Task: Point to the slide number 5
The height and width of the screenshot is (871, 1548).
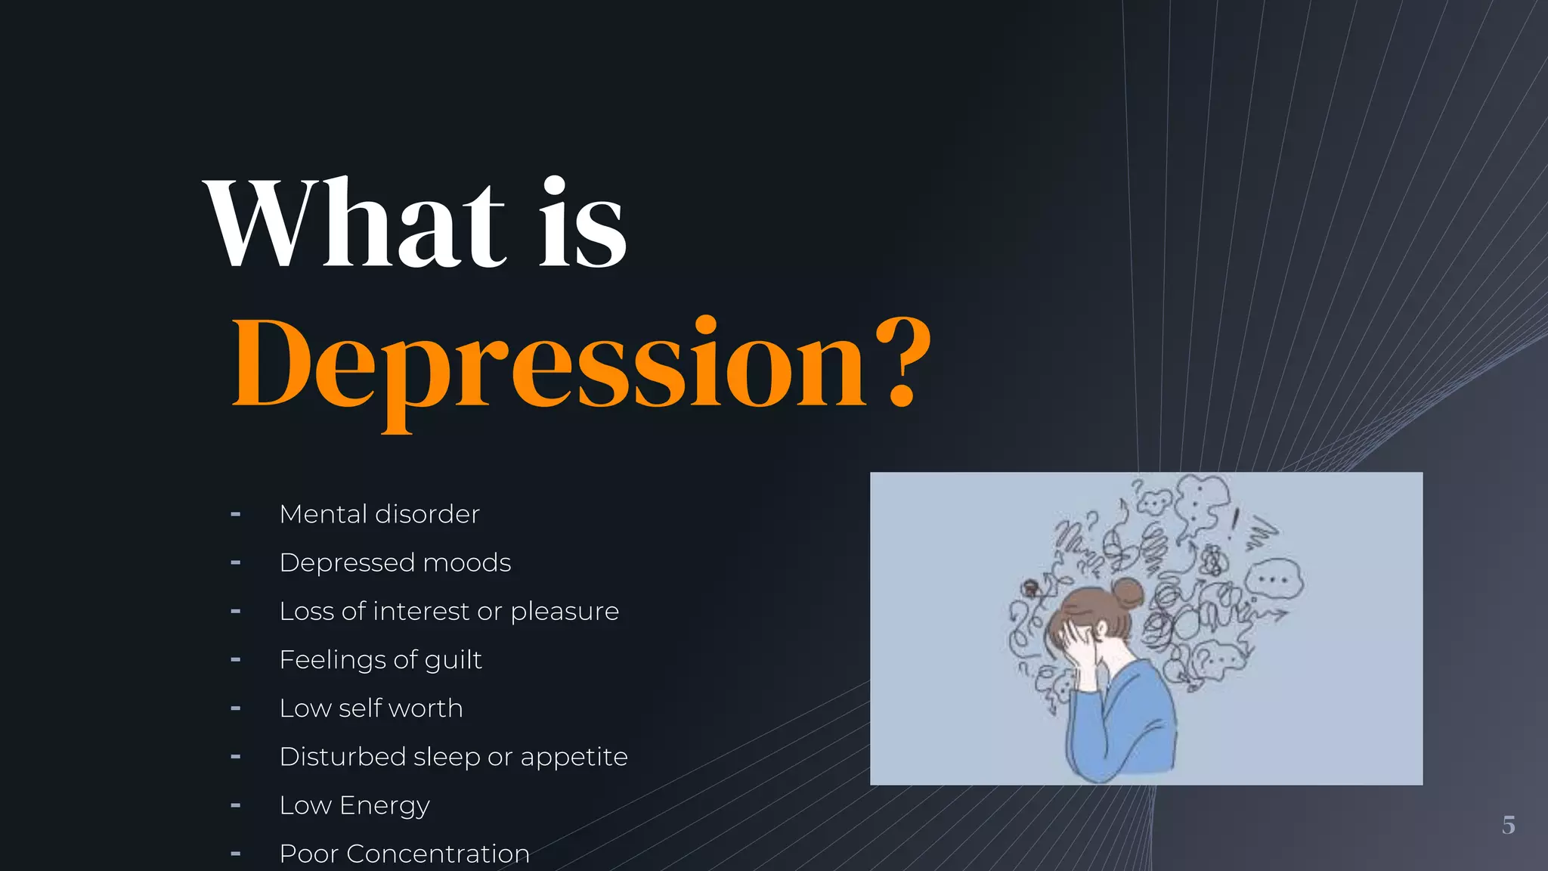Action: coord(1509,825)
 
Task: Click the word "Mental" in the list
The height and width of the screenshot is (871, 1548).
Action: coord(323,514)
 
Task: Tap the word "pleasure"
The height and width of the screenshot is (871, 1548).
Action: coord(565,611)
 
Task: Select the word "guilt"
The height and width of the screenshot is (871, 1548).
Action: coord(453,660)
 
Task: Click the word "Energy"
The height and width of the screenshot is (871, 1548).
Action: coord(385,806)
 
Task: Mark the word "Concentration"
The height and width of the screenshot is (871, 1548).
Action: coord(438,854)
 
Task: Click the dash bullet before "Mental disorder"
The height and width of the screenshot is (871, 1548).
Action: coord(236,515)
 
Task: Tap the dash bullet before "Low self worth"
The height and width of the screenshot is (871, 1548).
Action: coord(236,709)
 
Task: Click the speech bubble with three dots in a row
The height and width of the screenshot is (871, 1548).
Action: coord(1274,581)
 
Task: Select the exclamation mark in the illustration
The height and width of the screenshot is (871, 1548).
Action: coord(1235,523)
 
